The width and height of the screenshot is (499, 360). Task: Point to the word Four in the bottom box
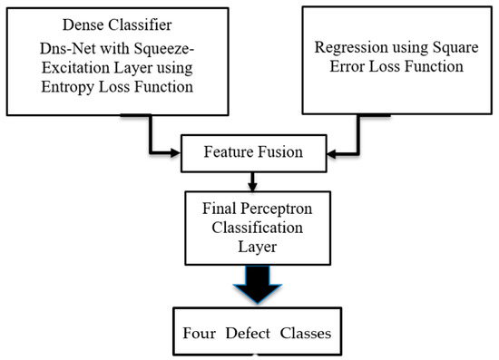[199, 331]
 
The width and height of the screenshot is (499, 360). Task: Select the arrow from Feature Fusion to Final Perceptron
[249, 178]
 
